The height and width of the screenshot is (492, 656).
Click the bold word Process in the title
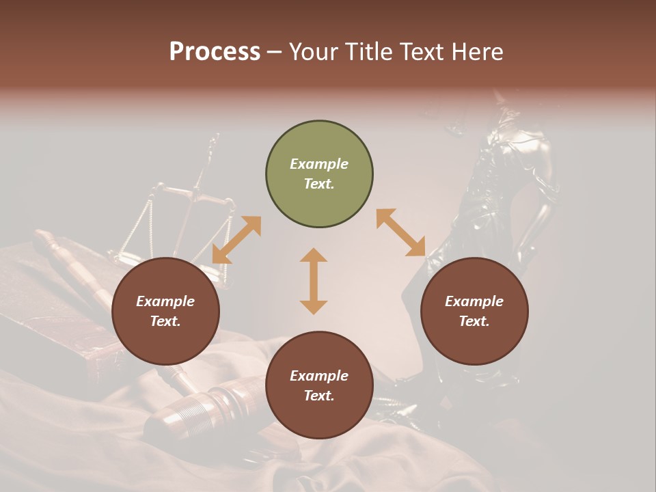coord(215,52)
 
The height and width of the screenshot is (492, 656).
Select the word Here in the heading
coord(478,52)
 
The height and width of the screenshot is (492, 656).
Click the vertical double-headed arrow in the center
coord(314,281)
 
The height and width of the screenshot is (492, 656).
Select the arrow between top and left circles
coord(236,240)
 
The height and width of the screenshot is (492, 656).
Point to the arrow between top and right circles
coord(401,232)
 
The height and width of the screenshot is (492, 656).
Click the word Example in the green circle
coord(319,164)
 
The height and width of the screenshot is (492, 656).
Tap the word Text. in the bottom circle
coord(319,396)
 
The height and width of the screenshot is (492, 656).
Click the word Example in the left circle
coord(165,301)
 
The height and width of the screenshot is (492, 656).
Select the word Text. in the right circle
coord(474,321)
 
